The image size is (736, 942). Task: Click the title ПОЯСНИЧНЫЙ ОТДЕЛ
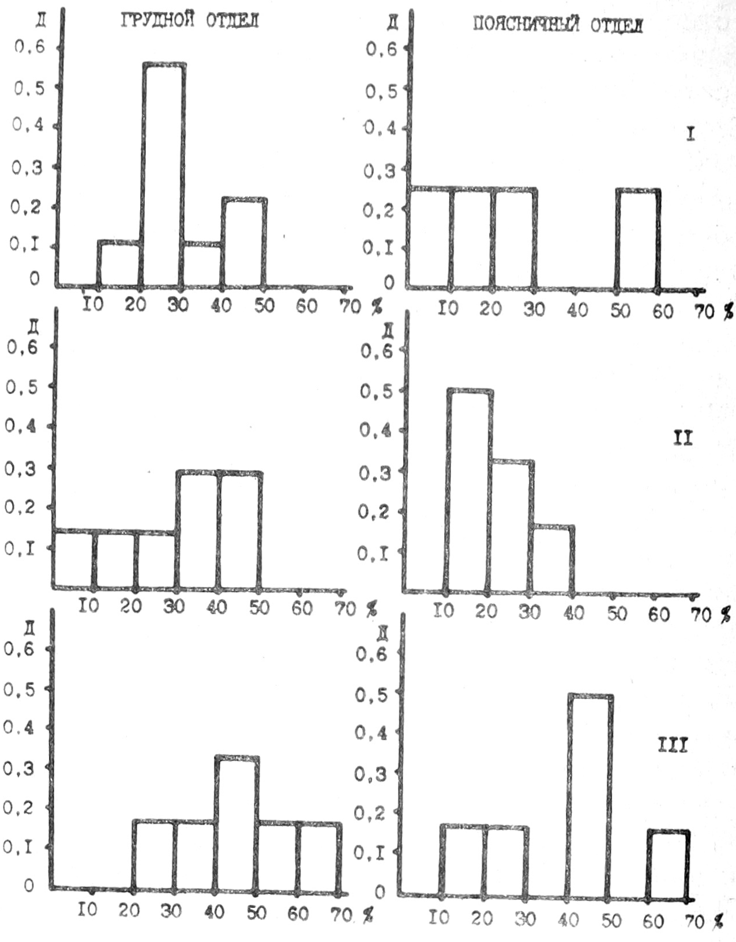click(x=558, y=25)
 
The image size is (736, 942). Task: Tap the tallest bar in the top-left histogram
click(x=164, y=173)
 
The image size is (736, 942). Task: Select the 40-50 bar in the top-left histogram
click(x=244, y=242)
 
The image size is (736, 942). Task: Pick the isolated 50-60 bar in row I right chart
click(x=638, y=238)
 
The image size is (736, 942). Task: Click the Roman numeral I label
click(x=690, y=134)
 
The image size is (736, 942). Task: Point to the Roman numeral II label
click(x=683, y=438)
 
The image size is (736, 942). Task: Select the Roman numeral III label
click(x=673, y=747)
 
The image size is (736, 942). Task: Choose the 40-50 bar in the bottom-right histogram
click(x=590, y=795)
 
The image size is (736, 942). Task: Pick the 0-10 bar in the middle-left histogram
click(x=73, y=559)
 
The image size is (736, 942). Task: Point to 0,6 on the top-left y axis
click(x=29, y=47)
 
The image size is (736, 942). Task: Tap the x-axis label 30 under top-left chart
click(x=178, y=305)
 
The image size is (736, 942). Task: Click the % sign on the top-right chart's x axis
click(x=729, y=312)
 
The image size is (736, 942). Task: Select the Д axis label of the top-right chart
click(x=392, y=25)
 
